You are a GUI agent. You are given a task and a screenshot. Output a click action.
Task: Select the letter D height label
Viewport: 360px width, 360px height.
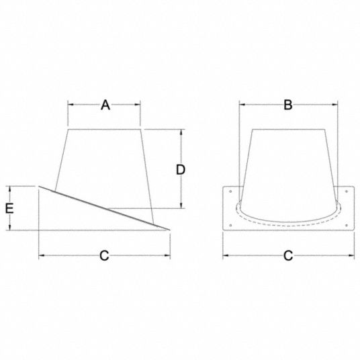tap(181, 169)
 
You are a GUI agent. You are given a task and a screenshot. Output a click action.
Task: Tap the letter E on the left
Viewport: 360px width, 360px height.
tap(9, 208)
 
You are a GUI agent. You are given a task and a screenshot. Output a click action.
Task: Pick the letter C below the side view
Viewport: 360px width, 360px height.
tap(105, 255)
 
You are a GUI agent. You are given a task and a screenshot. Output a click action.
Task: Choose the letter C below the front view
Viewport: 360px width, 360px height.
tap(287, 255)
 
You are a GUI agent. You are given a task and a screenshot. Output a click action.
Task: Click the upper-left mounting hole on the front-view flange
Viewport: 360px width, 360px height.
tap(230, 193)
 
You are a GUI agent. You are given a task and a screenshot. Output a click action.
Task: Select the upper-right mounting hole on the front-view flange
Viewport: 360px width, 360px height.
tap(345, 193)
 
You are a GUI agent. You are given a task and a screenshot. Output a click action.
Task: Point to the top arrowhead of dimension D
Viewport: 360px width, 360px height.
tap(181, 131)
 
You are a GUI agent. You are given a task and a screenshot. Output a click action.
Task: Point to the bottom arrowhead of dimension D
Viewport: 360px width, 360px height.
tap(181, 206)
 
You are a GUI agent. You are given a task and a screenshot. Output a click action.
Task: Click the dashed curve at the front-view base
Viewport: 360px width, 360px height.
tap(287, 220)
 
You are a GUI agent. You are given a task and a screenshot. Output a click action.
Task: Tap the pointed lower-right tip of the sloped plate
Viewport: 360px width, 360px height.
tap(169, 230)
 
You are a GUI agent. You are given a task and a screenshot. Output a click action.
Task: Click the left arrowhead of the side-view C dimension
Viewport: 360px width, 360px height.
tap(41, 255)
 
